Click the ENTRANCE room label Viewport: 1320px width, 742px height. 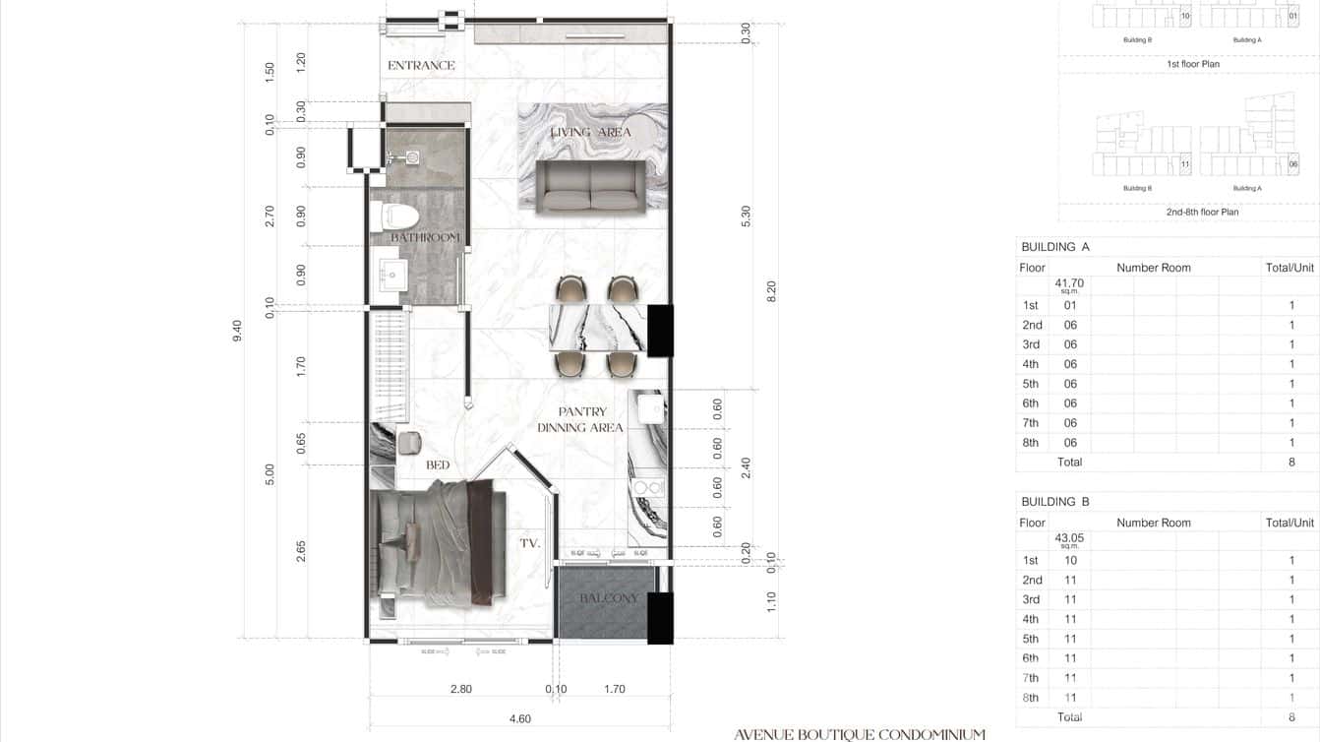tap(421, 66)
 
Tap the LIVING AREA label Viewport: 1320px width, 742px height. tap(590, 132)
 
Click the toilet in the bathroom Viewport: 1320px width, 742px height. tap(396, 216)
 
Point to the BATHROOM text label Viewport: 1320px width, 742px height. tap(425, 238)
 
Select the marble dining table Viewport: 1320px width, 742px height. tap(598, 328)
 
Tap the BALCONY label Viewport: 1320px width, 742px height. tap(608, 598)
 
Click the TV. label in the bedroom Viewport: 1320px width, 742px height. tap(530, 542)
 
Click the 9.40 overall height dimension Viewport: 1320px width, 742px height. tap(236, 332)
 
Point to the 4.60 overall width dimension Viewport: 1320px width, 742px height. tap(520, 719)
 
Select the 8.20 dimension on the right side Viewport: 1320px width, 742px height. tap(771, 291)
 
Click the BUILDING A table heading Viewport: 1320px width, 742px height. tap(1055, 247)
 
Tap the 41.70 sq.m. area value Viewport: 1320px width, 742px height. tap(1069, 284)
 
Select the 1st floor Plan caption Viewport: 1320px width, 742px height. tap(1191, 64)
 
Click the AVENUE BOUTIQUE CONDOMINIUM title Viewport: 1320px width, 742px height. tap(859, 734)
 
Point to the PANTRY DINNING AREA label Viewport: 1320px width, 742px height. tap(580, 420)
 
